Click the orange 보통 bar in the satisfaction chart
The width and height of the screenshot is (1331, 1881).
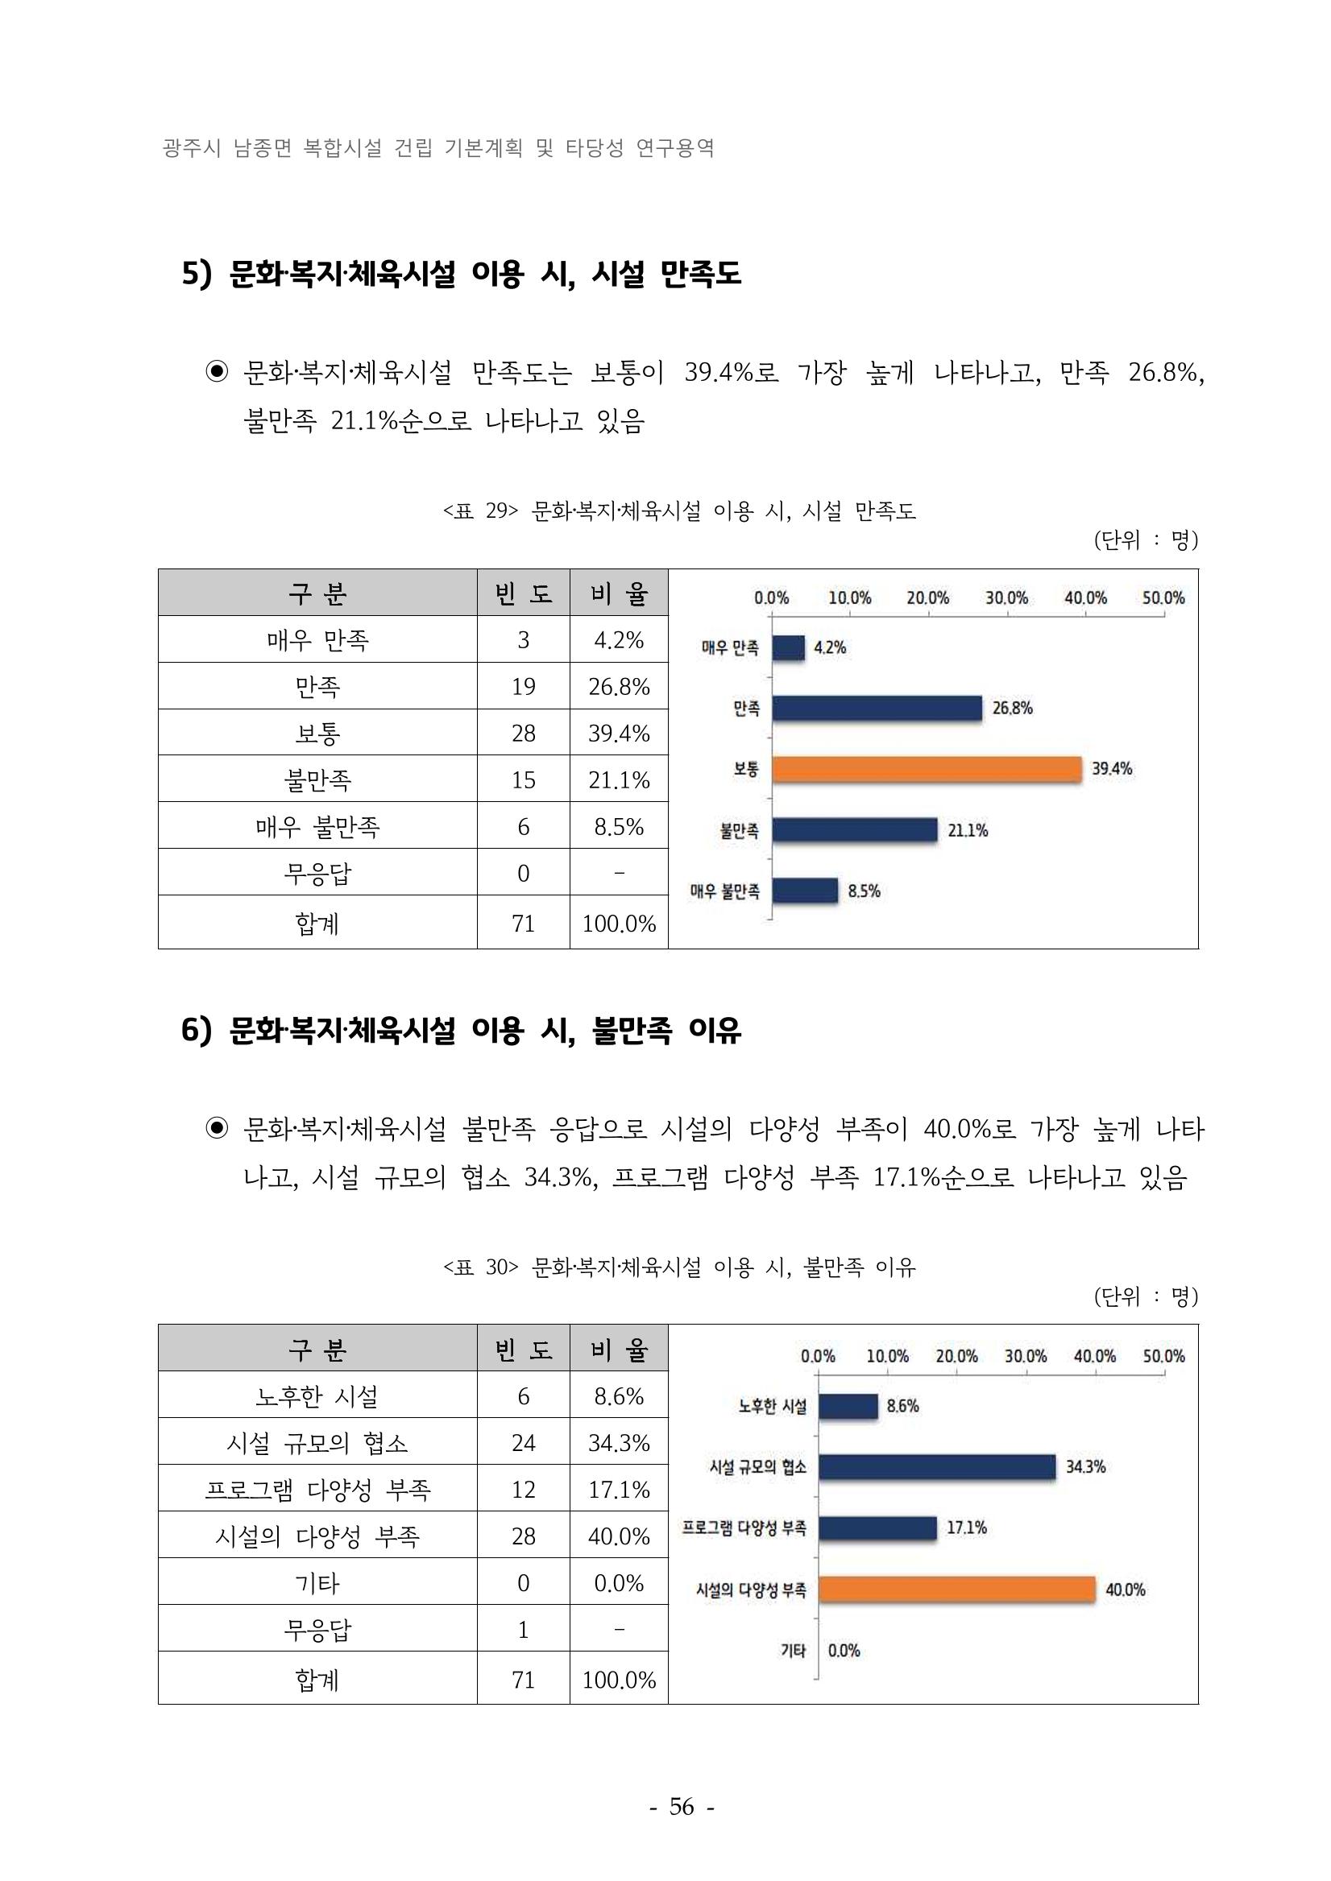point(927,769)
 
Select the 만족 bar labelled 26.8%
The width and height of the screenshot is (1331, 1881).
point(877,708)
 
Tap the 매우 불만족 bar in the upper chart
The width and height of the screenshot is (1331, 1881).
point(805,891)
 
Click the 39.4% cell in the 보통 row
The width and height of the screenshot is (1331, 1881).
point(619,734)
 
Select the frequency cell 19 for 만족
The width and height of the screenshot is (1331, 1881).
point(523,687)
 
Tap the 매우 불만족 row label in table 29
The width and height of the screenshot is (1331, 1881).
point(317,827)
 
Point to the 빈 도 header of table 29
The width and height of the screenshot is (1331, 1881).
point(523,593)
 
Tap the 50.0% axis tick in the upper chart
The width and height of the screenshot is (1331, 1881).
point(1163,598)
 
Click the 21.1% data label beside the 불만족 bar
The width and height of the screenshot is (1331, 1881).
point(968,830)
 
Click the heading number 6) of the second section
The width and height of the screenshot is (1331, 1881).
point(196,1030)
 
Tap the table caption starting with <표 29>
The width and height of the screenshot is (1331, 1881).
point(679,511)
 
